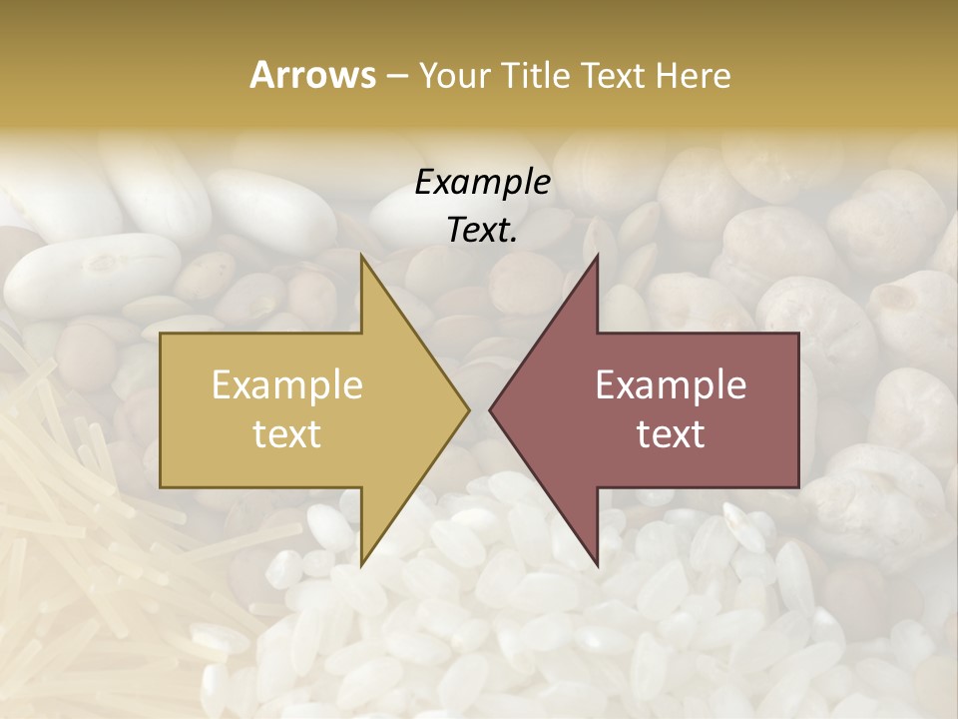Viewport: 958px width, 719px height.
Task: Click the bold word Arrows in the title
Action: [x=312, y=75]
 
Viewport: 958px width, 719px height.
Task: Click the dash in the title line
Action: [x=396, y=76]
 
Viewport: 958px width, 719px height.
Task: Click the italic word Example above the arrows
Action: [x=482, y=182]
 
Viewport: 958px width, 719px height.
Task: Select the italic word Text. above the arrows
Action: [x=482, y=230]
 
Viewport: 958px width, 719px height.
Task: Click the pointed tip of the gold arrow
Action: [x=467, y=409]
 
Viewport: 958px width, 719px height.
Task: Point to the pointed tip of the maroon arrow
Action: [x=491, y=409]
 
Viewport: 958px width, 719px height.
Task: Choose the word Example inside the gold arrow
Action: [x=287, y=385]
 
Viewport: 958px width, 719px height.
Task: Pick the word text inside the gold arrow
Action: [x=287, y=434]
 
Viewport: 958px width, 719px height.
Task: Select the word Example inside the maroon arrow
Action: [x=671, y=385]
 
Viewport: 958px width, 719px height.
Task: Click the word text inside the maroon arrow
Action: [x=671, y=434]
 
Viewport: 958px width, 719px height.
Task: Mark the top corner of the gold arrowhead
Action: [x=362, y=257]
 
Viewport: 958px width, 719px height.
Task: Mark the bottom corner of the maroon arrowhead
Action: [x=597, y=564]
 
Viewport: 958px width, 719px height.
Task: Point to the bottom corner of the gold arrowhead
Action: [x=362, y=564]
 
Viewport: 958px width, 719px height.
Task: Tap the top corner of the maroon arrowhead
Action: [x=597, y=257]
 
